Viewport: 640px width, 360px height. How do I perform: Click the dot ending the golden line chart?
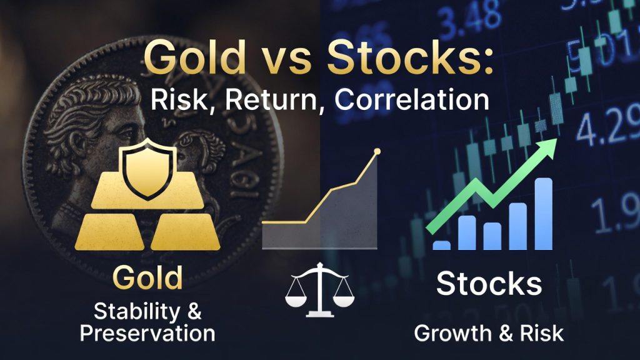click(376, 152)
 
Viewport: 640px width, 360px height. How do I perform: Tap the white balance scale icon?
click(319, 289)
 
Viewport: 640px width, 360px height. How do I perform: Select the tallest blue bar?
click(543, 214)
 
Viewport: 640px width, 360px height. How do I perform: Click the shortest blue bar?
click(441, 245)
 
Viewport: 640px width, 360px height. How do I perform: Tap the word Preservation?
click(147, 332)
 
